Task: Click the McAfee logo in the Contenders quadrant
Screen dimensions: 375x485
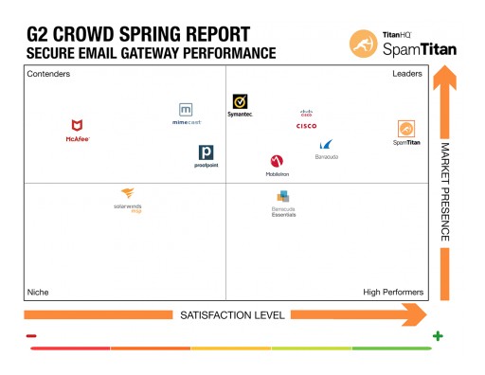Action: pos(77,130)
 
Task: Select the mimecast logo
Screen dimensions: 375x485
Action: pos(186,114)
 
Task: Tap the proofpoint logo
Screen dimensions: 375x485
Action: pos(205,156)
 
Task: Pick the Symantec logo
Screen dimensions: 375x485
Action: pos(241,105)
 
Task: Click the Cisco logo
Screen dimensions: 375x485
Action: pos(306,119)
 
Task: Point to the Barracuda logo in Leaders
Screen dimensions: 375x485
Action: pos(326,149)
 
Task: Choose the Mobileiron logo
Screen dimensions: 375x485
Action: pos(277,166)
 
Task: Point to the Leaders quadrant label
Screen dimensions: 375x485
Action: pos(406,74)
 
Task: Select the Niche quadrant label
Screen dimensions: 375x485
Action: pos(38,292)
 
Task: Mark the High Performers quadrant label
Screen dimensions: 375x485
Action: pos(393,292)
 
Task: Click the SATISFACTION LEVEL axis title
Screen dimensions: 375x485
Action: pos(219,314)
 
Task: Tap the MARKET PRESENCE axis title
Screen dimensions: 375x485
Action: pos(443,191)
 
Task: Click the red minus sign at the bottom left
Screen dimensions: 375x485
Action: pos(31,336)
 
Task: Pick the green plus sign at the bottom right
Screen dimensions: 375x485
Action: pos(438,336)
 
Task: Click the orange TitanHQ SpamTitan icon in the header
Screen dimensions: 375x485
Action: pos(365,44)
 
